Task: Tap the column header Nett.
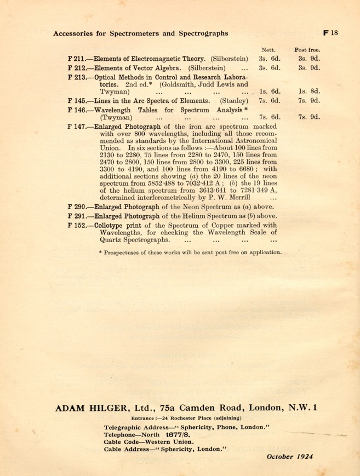(269, 49)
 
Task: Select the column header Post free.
(307, 49)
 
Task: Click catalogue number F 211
(77, 58)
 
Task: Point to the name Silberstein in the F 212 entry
(204, 68)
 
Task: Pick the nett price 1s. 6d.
(270, 92)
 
